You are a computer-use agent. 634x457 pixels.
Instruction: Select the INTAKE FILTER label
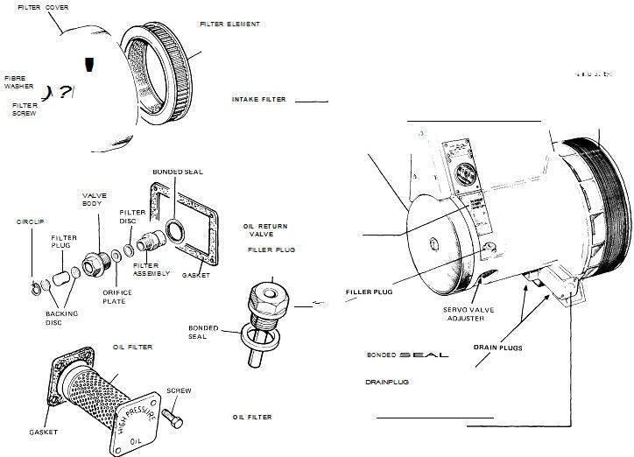point(259,100)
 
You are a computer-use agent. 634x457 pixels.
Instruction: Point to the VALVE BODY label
point(95,199)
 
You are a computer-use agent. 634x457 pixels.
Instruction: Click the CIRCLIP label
point(31,222)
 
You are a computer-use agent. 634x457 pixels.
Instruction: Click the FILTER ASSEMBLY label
point(145,270)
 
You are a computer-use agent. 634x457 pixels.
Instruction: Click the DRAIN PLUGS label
point(498,348)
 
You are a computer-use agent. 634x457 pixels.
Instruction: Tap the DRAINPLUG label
point(389,383)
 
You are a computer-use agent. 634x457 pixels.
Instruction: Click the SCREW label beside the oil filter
point(179,390)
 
